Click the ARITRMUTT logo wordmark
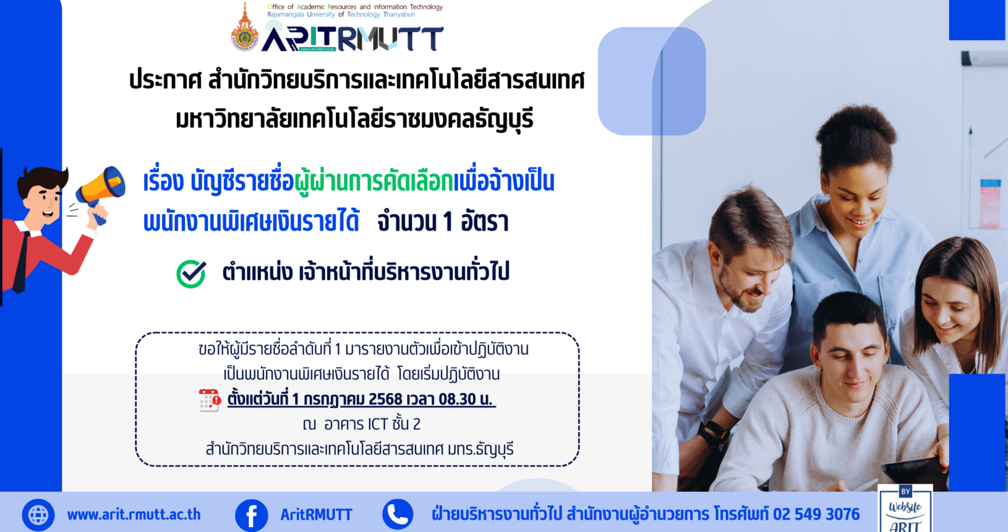click(352, 38)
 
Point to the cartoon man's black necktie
click(21, 262)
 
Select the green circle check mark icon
click(191, 273)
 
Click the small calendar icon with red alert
click(210, 400)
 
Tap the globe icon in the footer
click(38, 515)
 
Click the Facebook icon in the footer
click(252, 515)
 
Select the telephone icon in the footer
click(398, 514)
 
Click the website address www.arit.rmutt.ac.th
click(134, 514)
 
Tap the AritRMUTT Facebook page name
click(316, 514)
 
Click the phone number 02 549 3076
click(816, 514)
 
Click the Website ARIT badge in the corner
click(905, 508)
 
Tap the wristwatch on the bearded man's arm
click(715, 431)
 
